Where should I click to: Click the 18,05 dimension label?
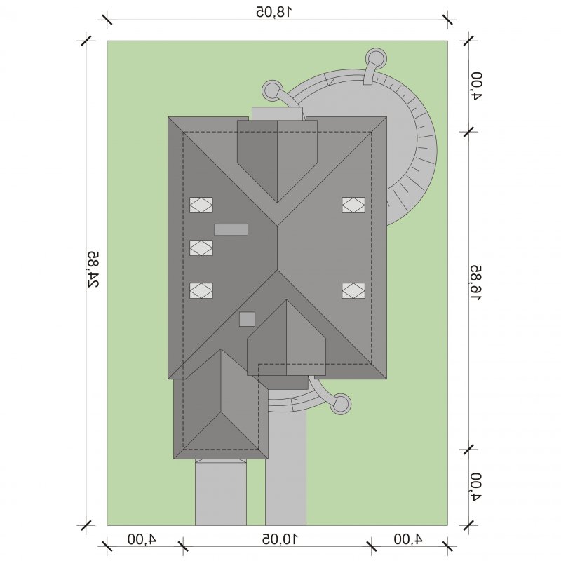274,12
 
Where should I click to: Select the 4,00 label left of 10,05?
142,539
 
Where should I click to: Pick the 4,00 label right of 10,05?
408,539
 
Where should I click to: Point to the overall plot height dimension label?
93,269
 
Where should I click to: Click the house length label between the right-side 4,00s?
476,283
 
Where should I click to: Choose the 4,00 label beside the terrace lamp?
476,86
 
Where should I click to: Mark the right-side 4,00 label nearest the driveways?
476,487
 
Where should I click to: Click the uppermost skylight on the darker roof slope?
201,205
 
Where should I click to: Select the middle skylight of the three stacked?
201,248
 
